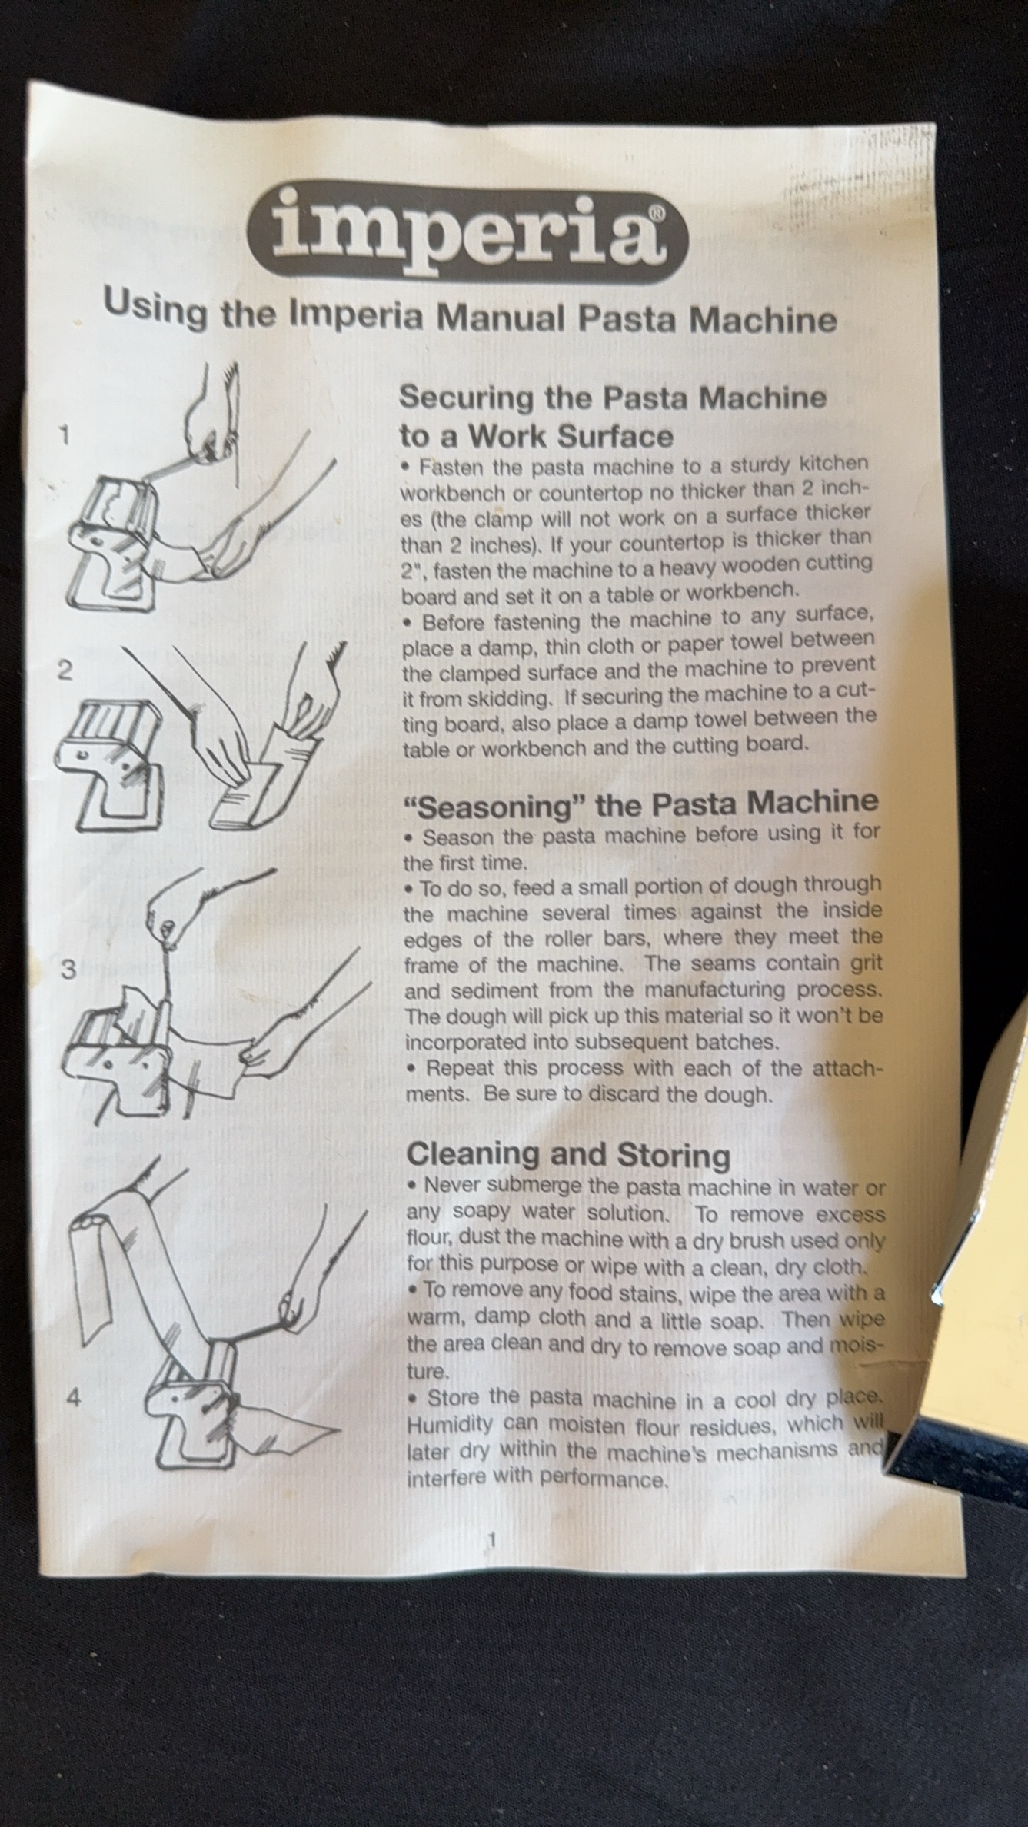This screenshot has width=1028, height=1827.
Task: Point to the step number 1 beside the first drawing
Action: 65,436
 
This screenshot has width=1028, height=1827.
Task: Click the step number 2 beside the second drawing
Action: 65,671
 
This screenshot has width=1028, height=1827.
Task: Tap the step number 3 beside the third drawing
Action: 68,970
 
